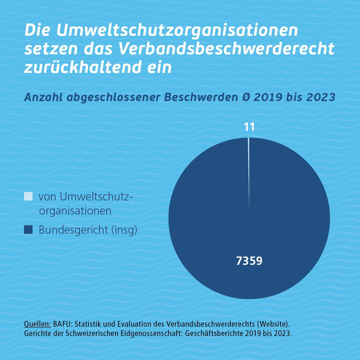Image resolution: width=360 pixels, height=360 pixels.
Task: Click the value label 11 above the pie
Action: [x=249, y=127]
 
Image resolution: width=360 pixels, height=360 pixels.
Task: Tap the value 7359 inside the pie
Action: [x=249, y=261]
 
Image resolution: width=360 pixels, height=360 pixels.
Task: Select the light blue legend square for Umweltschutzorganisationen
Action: [x=28, y=196]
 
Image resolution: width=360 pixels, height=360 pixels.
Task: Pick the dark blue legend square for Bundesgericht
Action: [x=28, y=229]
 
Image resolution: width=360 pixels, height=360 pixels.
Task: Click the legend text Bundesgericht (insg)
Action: [x=88, y=230]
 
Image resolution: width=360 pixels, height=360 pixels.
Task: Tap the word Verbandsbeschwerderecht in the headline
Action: [x=226, y=49]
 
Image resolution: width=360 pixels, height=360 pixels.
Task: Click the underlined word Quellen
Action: [x=37, y=324]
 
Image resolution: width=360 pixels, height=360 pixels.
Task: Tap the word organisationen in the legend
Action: [x=75, y=211]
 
